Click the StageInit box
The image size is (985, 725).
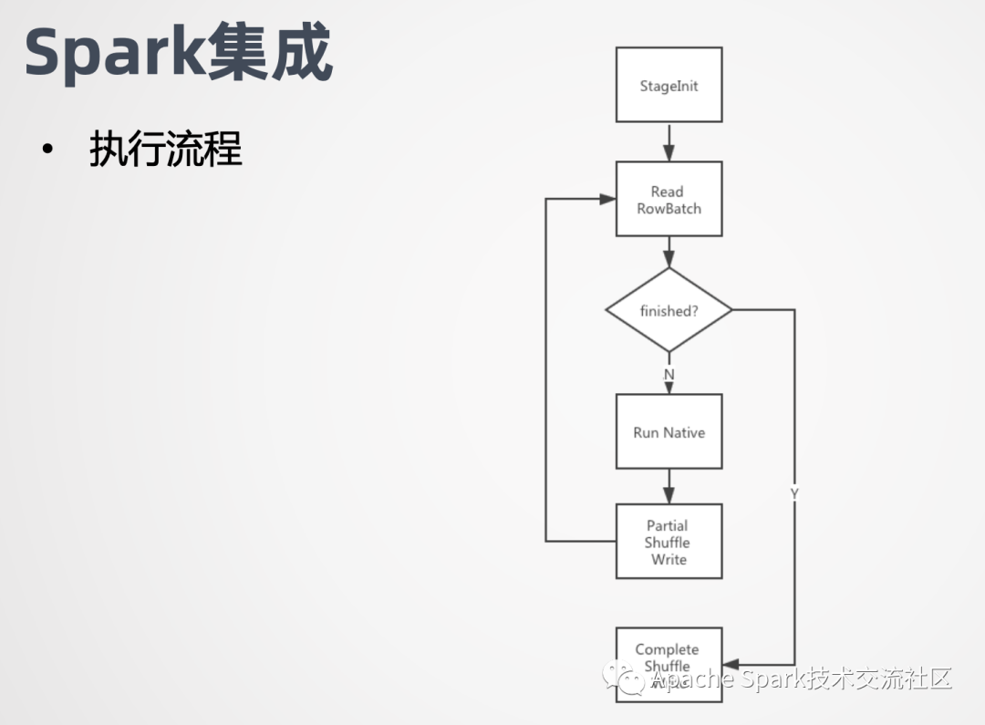(669, 86)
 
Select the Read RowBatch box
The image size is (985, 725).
(669, 200)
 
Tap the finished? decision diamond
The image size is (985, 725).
(669, 311)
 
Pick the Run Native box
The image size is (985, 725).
(669, 432)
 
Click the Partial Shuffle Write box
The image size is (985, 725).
(669, 542)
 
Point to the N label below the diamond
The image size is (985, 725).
(669, 375)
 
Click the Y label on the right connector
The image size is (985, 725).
(794, 493)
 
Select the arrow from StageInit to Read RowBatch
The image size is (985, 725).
(669, 142)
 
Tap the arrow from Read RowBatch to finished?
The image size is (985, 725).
(669, 252)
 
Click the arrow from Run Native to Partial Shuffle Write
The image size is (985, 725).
(669, 487)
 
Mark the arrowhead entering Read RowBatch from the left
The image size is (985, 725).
(607, 199)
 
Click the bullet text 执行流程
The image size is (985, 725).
(166, 149)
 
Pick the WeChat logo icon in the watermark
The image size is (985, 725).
(622, 678)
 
